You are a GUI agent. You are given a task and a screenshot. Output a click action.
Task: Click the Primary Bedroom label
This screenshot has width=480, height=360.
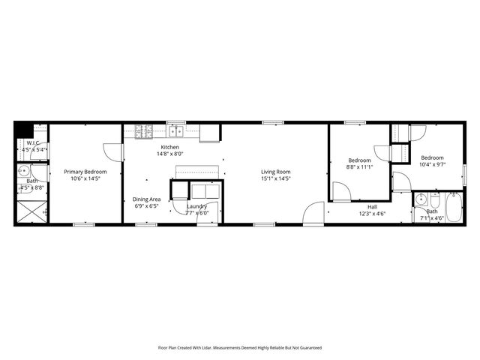point(85,172)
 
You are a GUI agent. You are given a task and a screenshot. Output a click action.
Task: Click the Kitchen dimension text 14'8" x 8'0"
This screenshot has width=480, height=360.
point(169,154)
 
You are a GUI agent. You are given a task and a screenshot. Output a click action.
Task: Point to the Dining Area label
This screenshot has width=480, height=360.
point(147,199)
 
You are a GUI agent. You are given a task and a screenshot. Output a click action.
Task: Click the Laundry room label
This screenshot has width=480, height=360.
point(196,206)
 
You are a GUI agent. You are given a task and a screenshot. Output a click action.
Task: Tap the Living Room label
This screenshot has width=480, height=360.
point(275,172)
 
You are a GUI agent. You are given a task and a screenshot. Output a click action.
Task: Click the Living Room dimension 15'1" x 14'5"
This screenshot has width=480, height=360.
point(275,178)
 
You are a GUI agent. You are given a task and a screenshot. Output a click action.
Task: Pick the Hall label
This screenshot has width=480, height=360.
point(373,206)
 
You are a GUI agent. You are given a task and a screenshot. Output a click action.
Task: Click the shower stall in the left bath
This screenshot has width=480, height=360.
point(32,211)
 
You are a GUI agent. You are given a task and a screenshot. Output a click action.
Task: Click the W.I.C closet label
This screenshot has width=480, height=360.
point(33,142)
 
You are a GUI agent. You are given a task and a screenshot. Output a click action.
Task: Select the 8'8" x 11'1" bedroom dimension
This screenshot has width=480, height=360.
point(359,167)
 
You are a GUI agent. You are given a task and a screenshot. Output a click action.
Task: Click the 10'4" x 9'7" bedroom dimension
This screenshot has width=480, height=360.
point(433,164)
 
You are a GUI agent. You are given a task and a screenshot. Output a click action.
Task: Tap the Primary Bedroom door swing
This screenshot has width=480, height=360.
point(112,152)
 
